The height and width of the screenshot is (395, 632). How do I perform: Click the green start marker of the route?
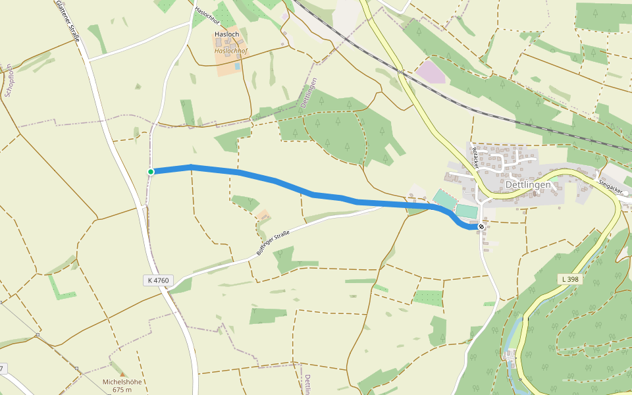(151, 172)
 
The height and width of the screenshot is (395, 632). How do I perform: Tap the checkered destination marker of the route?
(482, 227)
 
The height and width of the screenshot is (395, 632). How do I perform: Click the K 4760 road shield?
(158, 280)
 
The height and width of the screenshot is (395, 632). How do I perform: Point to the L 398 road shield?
(570, 279)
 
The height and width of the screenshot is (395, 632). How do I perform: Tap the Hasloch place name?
(226, 34)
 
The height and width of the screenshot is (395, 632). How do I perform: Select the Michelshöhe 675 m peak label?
(121, 385)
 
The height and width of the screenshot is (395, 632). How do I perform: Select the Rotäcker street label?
(475, 157)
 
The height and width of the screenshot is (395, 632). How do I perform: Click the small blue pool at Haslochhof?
(237, 66)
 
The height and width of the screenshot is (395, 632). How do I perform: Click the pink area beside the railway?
(431, 72)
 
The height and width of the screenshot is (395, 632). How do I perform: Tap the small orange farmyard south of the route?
(263, 215)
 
